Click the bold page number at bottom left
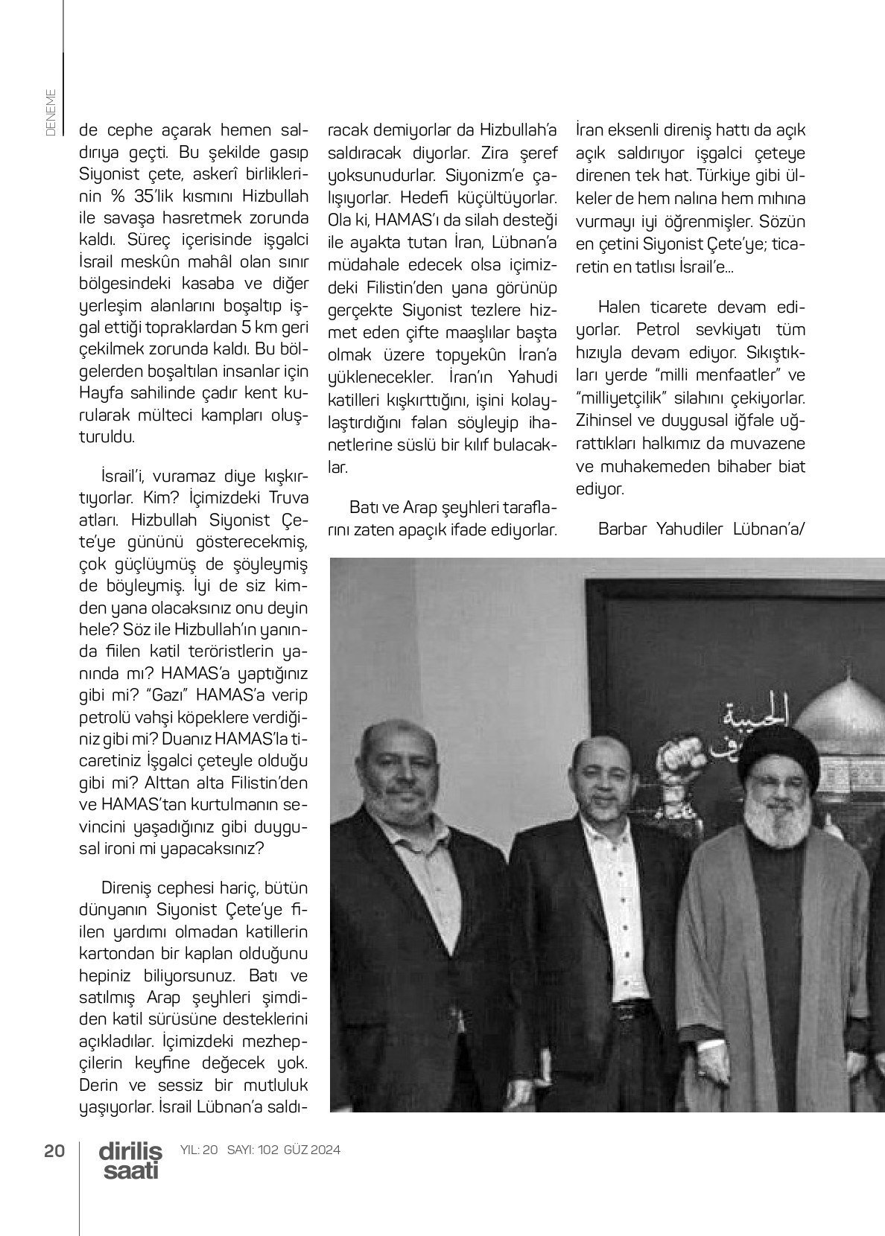tap(54, 1150)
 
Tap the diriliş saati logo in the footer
tap(130, 1160)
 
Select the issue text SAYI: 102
tap(253, 1150)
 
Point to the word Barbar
tap(623, 529)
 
